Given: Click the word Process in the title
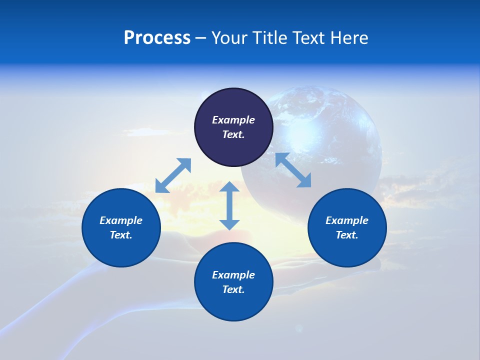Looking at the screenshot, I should [157, 38].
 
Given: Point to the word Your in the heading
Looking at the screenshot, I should [229, 38].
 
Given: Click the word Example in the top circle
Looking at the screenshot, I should [233, 120].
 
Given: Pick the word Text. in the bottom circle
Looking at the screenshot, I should [233, 289].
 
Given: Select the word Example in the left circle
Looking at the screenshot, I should [121, 220].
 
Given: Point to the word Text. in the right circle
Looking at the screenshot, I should [347, 235].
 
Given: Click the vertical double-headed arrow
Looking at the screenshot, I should [229, 205].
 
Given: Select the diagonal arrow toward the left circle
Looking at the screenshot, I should [173, 175].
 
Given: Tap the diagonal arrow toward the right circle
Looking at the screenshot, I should [293, 170].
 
